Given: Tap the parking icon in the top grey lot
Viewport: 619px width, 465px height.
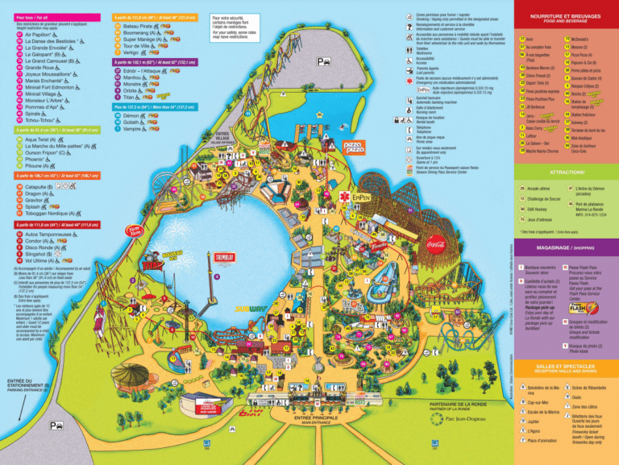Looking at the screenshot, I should point(322,61).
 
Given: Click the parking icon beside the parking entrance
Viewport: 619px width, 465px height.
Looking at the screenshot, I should point(55,425).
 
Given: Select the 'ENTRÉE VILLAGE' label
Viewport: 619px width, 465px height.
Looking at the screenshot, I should point(224,137).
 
